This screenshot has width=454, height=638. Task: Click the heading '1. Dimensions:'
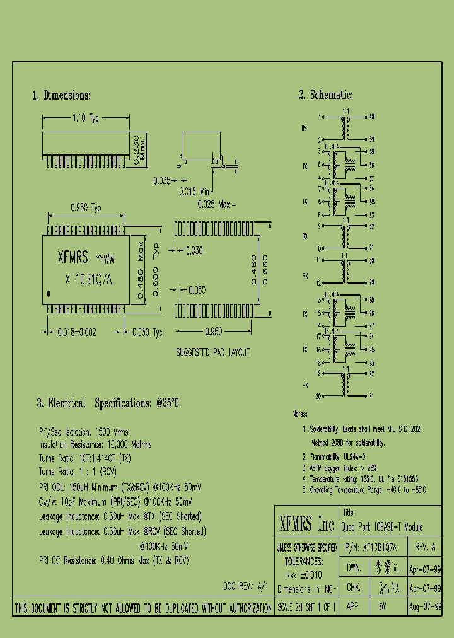62,96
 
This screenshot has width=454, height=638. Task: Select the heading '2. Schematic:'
325,95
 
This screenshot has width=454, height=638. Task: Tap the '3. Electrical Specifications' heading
108,403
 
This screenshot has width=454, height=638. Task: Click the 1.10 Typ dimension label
86,118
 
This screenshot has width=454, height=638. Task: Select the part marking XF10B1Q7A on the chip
89,281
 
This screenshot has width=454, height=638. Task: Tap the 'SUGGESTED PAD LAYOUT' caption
212,353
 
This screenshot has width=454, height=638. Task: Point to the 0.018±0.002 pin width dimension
76,332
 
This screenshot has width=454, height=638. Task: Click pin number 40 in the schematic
371,117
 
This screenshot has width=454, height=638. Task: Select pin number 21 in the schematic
371,396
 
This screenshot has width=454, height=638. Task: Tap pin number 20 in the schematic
318,396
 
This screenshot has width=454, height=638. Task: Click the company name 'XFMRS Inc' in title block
306,524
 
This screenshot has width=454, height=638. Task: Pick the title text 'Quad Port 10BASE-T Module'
382,527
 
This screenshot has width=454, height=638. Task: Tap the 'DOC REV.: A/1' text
246,586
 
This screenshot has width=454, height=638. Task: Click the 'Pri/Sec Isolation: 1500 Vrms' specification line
83,432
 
